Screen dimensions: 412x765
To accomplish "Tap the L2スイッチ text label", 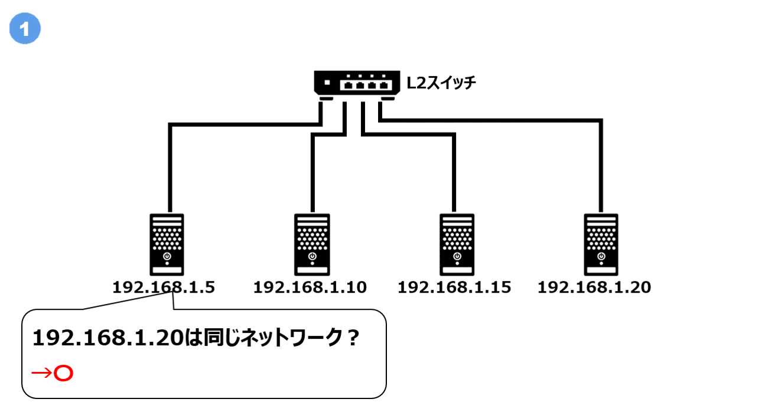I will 441,83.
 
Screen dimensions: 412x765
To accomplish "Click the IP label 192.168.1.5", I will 164,287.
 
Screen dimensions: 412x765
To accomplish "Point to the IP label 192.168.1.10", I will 310,287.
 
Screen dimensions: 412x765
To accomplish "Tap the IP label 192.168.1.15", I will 454,287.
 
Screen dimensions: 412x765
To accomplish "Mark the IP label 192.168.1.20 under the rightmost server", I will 594,287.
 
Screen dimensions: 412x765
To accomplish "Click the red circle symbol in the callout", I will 63,374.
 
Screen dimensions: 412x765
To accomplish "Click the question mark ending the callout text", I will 353,339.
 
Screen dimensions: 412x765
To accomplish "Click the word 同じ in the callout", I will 213,339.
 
